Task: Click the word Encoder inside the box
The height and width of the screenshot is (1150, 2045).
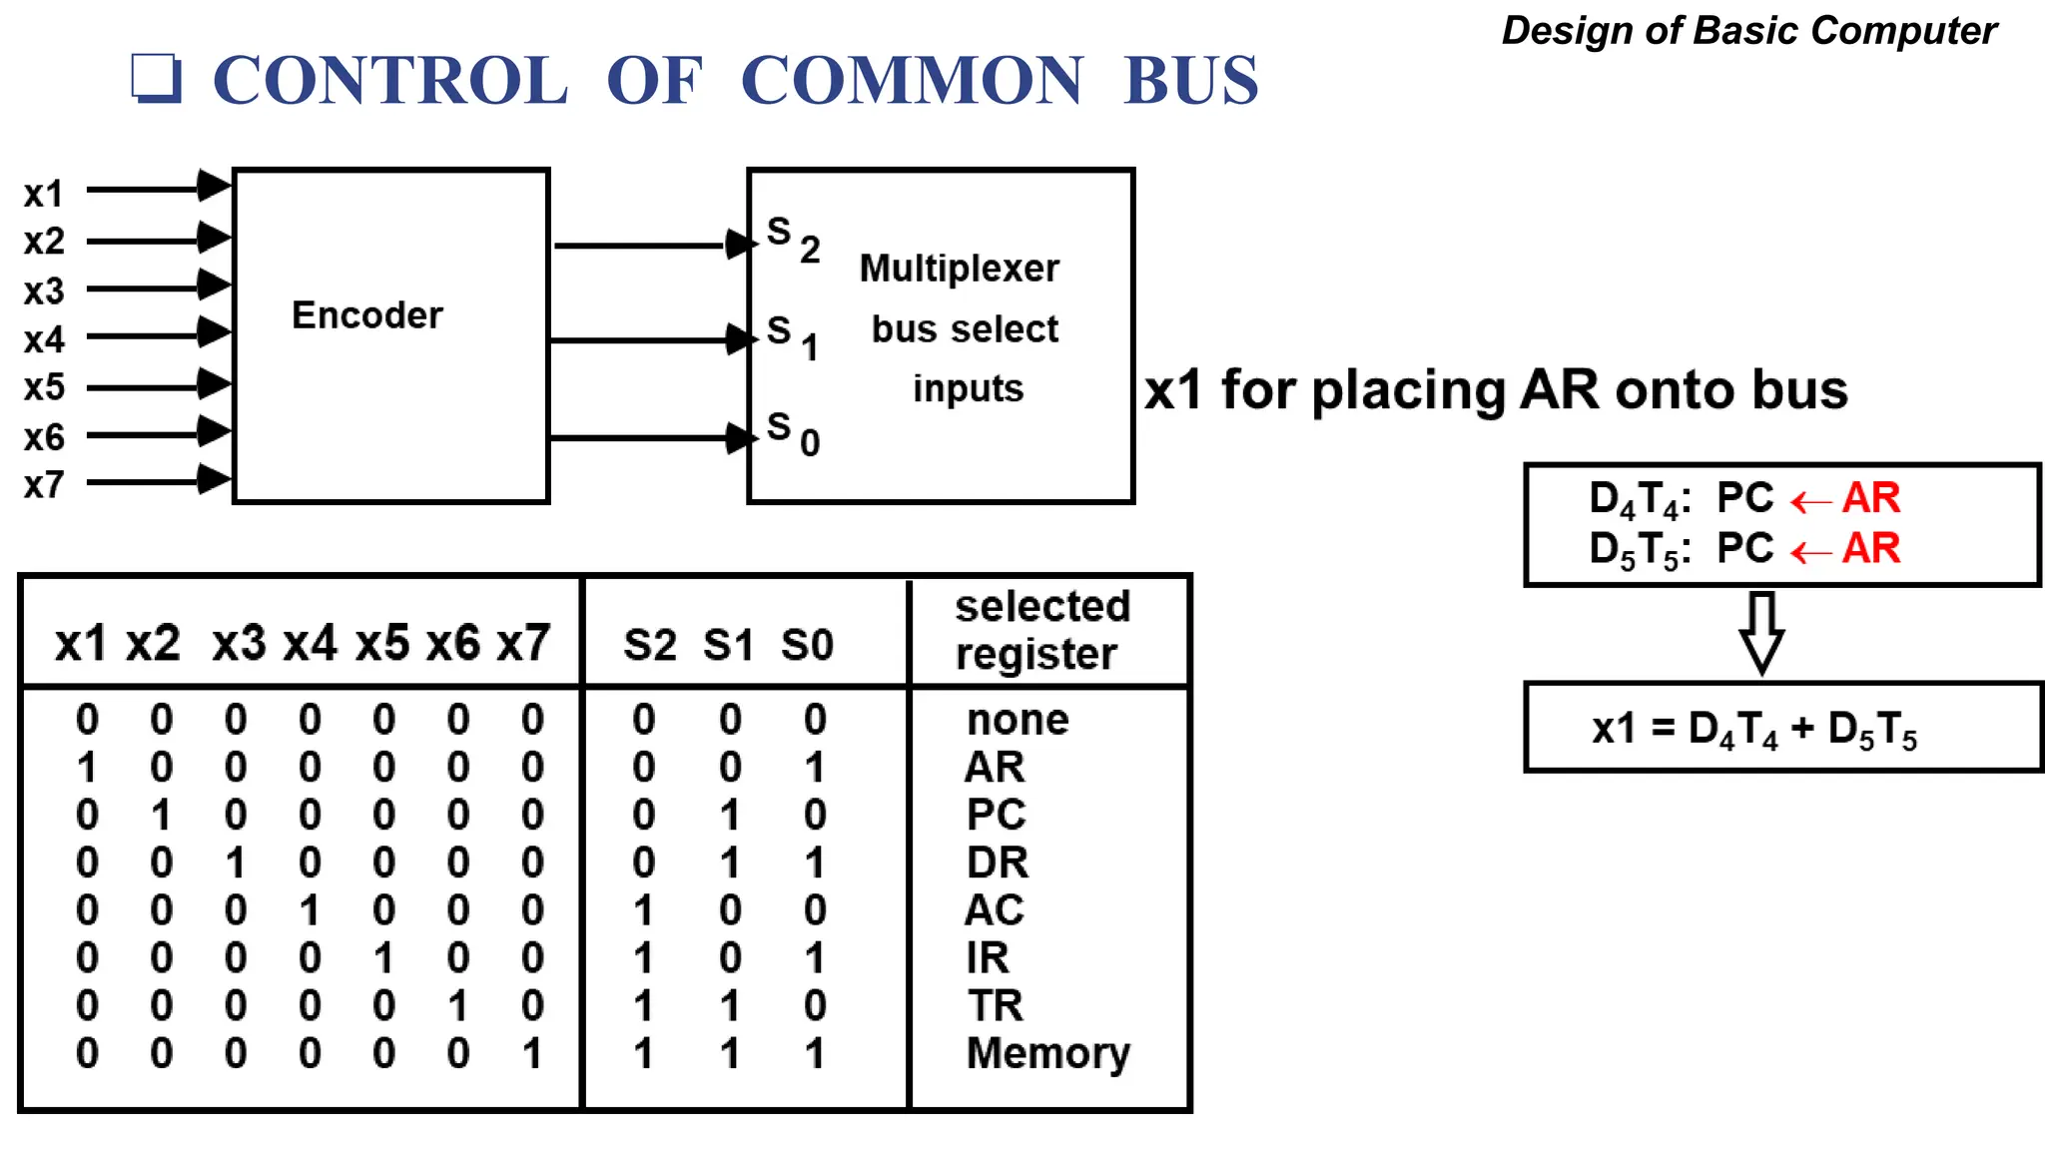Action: click(366, 315)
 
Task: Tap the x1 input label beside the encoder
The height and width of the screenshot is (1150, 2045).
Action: click(44, 194)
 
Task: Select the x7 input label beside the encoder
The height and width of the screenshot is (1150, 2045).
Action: click(44, 485)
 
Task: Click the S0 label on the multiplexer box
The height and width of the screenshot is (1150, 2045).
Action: click(793, 433)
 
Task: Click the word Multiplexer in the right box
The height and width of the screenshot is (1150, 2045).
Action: click(959, 269)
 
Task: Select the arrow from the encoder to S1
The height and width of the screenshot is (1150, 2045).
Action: click(649, 340)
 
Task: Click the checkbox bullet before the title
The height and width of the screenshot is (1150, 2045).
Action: click(157, 78)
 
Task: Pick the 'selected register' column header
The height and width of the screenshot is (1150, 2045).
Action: click(1041, 630)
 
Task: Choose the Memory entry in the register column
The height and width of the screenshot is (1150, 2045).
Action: click(1047, 1053)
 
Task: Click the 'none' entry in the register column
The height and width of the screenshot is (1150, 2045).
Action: click(1018, 720)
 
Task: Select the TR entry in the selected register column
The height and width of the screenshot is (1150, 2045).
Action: click(995, 1005)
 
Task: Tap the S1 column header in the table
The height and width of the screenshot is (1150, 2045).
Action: click(728, 645)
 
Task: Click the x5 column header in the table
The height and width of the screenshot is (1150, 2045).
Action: click(381, 643)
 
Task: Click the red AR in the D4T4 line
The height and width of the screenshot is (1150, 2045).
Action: click(1870, 497)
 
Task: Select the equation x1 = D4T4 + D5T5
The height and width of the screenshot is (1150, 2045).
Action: click(1753, 730)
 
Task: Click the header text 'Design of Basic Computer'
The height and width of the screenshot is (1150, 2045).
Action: click(1748, 30)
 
